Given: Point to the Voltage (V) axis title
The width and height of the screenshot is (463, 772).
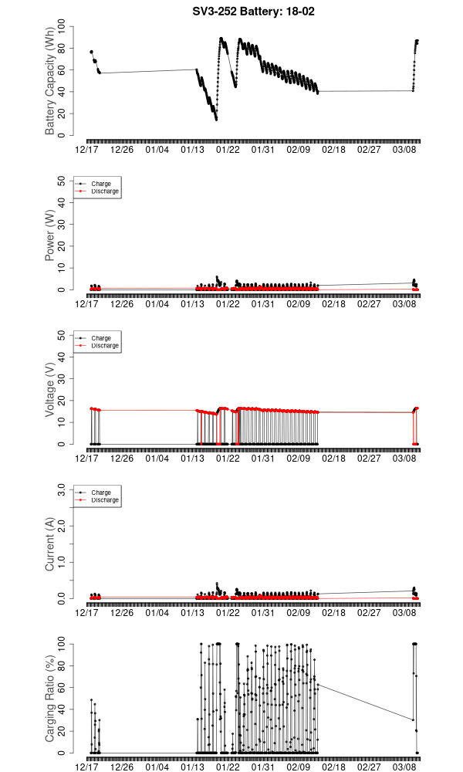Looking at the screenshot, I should coord(50,390).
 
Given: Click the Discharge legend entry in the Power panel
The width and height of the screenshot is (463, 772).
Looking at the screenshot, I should coord(105,191).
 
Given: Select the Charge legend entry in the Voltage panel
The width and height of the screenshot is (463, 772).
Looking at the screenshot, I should coord(101,338).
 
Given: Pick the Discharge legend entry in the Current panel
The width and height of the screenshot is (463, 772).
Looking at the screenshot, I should coord(105,499).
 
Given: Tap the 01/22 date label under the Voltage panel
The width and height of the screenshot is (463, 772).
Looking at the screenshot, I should coord(228,459).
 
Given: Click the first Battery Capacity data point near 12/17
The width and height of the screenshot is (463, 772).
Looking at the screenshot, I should coord(91,52).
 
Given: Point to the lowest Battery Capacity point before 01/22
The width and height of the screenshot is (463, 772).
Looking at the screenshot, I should coord(216,119).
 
